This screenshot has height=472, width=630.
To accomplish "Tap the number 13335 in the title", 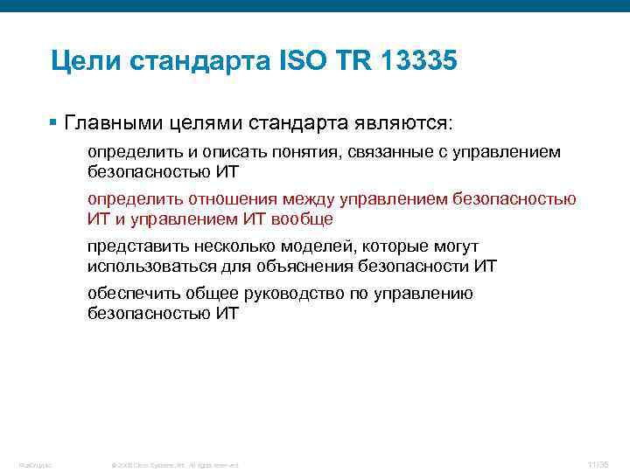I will click(417, 62).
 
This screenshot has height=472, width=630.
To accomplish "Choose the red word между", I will click(305, 199).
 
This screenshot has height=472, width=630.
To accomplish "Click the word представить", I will click(134, 246).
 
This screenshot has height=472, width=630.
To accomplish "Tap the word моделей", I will click(312, 246).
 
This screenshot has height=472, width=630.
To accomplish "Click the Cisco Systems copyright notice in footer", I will click(175, 464).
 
